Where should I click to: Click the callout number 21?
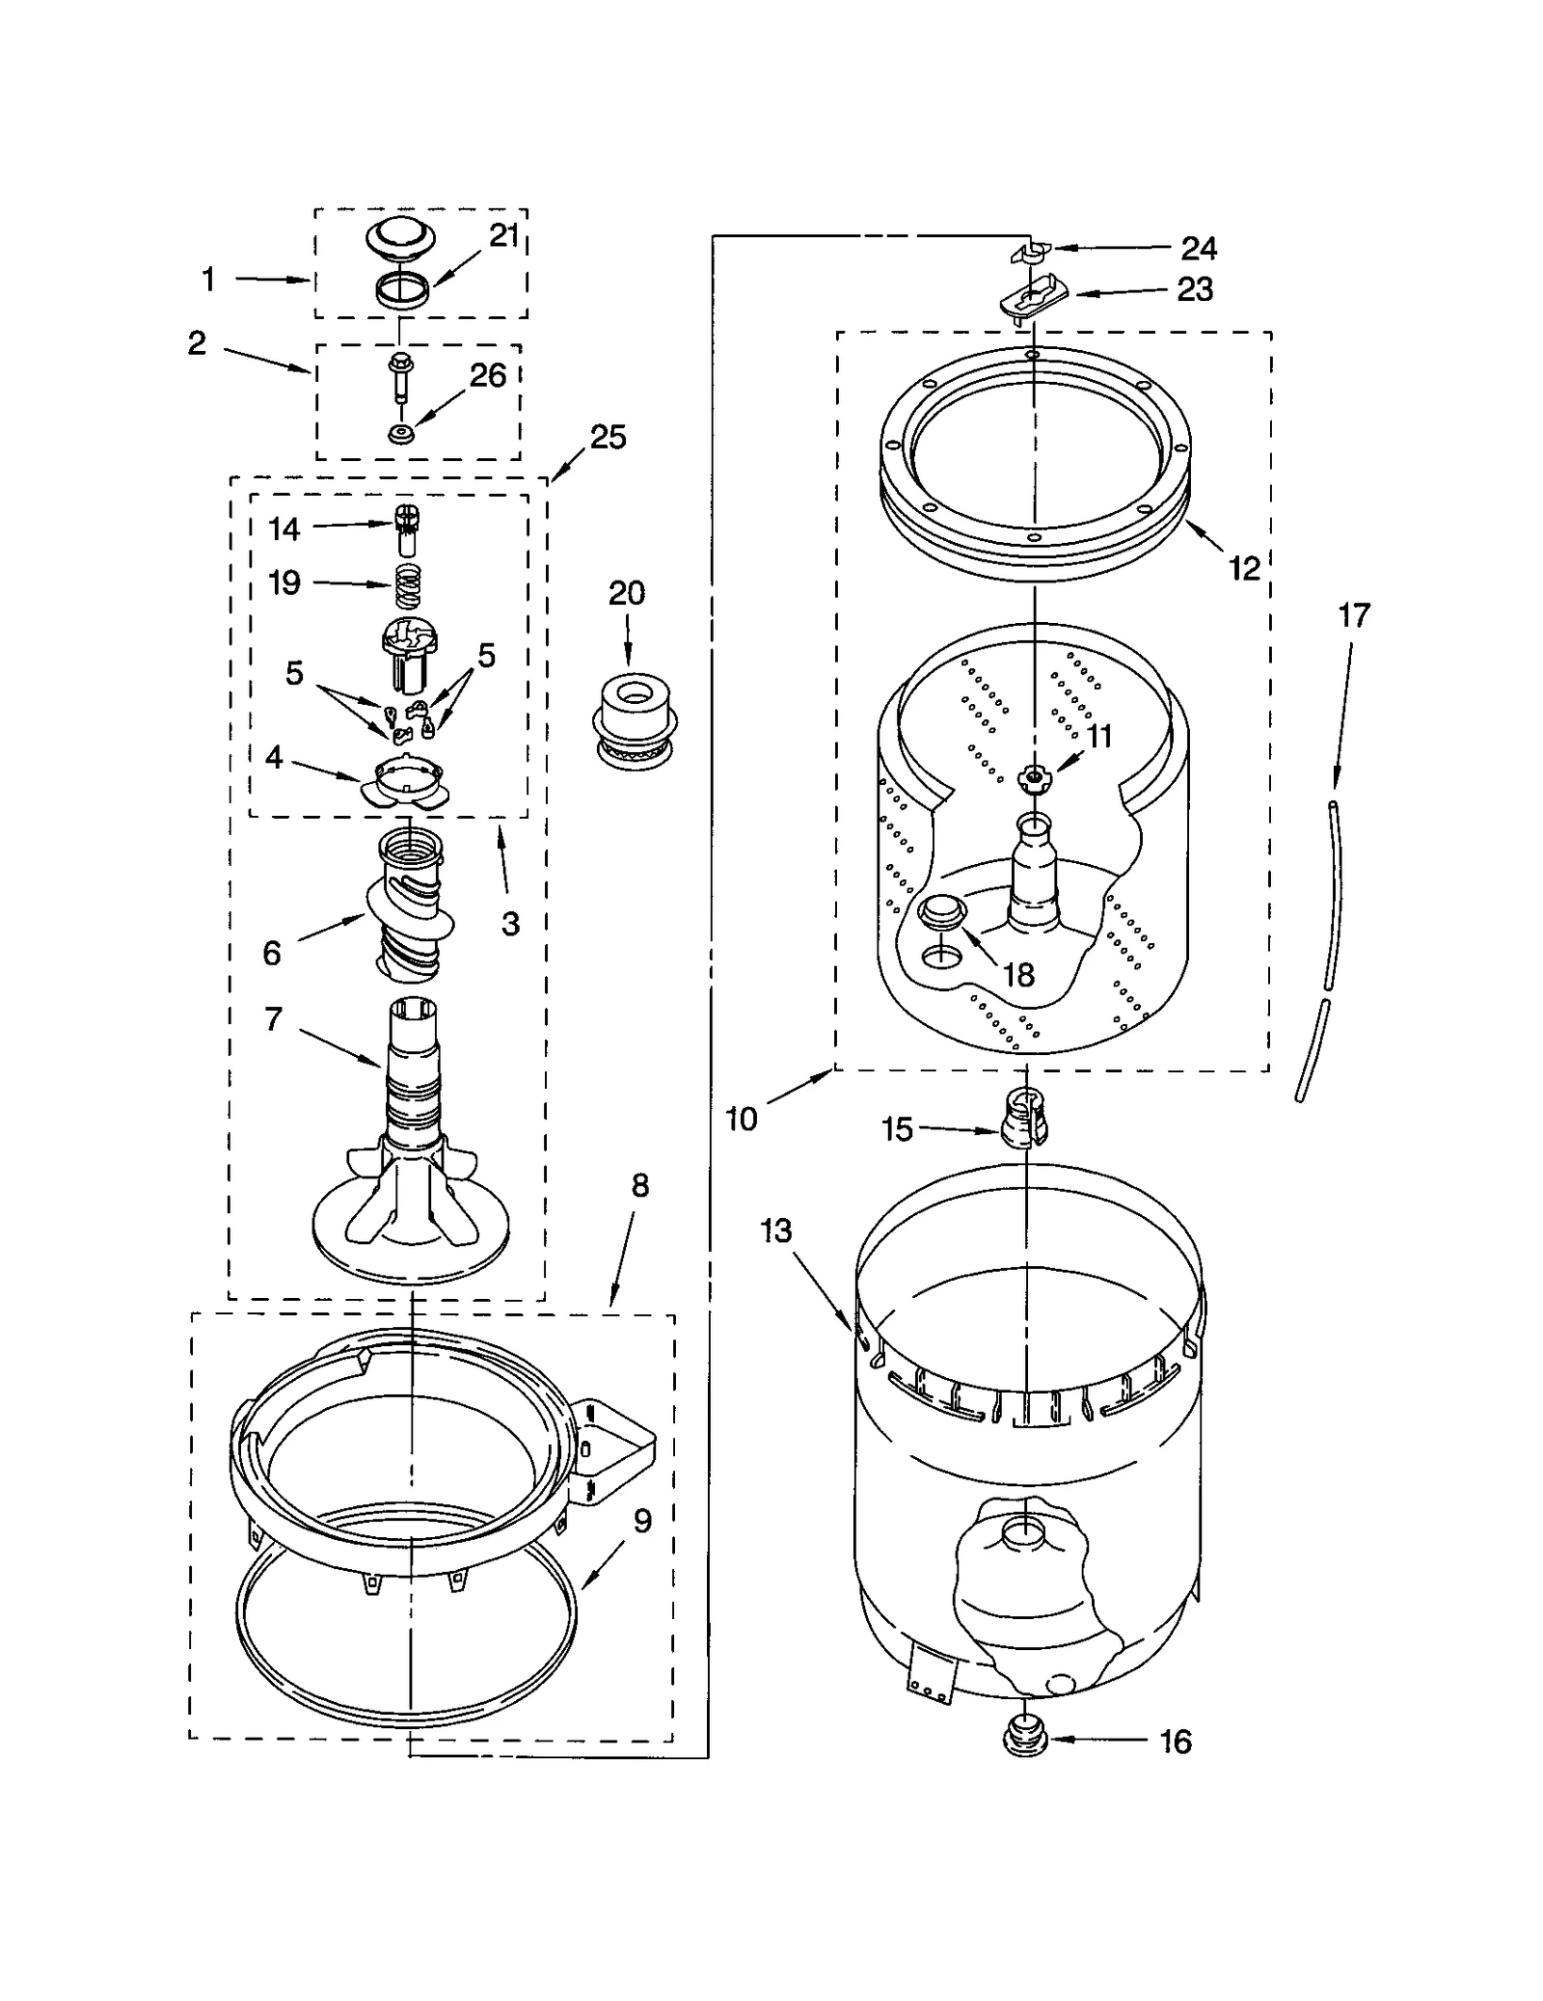click(503, 235)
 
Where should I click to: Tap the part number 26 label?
click(488, 375)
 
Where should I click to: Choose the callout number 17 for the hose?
click(1354, 615)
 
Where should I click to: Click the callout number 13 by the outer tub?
click(776, 1231)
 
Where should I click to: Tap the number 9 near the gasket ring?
click(642, 1521)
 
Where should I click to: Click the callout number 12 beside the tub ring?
click(1244, 569)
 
